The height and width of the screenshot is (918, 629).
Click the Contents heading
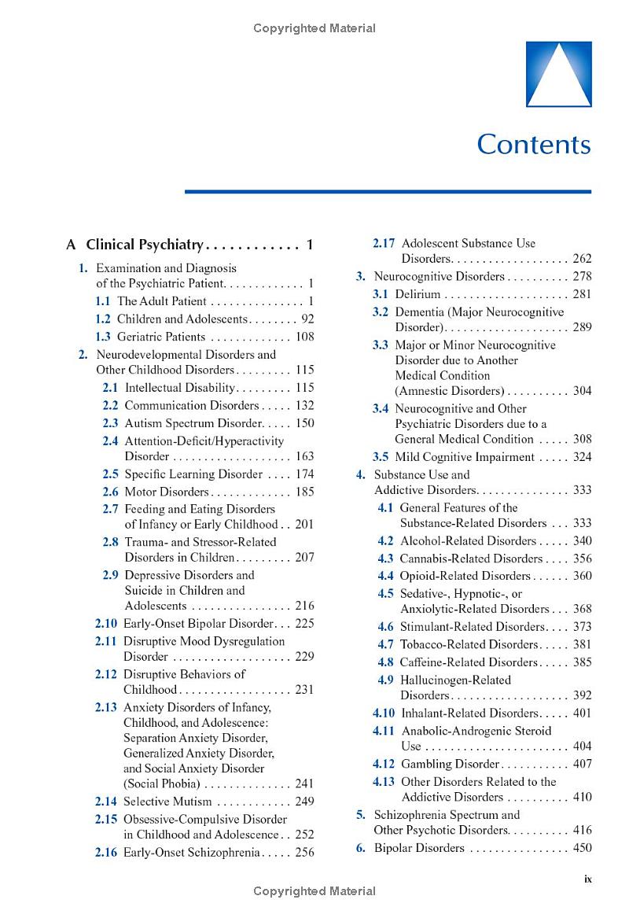tap(534, 145)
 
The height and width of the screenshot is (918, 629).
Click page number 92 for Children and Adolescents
tap(304, 319)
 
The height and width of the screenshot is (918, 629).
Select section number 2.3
tap(110, 423)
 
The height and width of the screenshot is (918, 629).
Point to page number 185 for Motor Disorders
tap(304, 492)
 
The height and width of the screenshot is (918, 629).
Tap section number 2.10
tap(106, 624)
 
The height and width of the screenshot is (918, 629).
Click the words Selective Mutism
tap(167, 802)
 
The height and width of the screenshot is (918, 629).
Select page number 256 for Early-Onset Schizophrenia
tap(304, 853)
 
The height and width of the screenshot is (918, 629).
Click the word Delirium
tap(417, 294)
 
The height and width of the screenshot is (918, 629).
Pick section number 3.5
tap(381, 457)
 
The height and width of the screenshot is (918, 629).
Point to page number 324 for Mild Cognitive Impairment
tap(582, 457)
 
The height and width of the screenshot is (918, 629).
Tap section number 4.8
tap(385, 662)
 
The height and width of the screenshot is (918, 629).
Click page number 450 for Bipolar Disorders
tap(582, 848)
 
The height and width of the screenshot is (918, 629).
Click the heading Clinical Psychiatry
tap(145, 245)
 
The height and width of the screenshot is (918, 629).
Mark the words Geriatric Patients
tap(161, 337)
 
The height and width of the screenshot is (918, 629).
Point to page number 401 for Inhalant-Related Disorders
tap(582, 713)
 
